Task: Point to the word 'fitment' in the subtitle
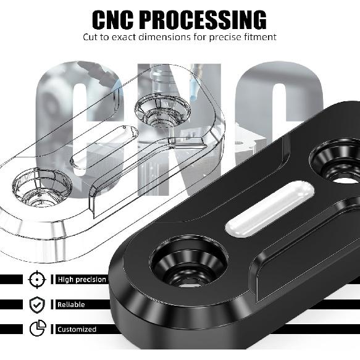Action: [261, 37]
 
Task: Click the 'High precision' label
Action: [82, 280]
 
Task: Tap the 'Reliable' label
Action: [71, 304]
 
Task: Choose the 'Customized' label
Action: [77, 329]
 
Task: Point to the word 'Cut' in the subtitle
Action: [91, 37]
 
